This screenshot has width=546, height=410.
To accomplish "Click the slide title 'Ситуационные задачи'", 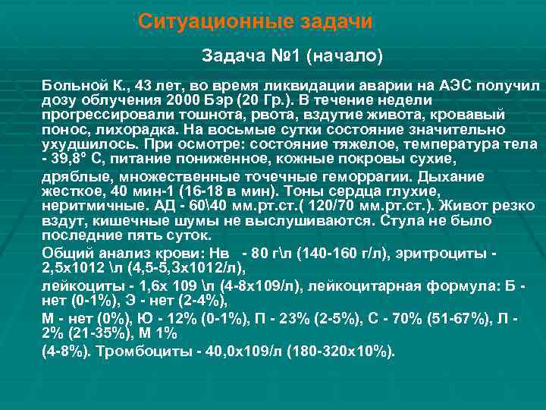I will point(256,22).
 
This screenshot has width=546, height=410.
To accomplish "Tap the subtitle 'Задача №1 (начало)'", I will point(293,56).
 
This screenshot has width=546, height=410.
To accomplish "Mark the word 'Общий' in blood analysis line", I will point(64,253).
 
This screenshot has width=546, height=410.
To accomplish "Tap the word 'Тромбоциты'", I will point(133,352).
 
